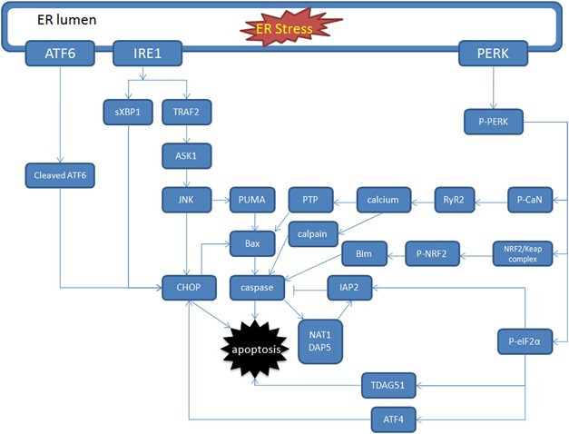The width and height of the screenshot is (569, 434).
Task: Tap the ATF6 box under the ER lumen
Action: (59, 54)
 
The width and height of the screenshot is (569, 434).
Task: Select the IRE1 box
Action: (147, 54)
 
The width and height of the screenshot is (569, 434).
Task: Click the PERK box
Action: (493, 54)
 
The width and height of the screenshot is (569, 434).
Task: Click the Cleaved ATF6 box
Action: (60, 173)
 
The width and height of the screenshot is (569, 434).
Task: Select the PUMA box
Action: (250, 199)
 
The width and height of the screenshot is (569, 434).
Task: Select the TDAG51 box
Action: (388, 386)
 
